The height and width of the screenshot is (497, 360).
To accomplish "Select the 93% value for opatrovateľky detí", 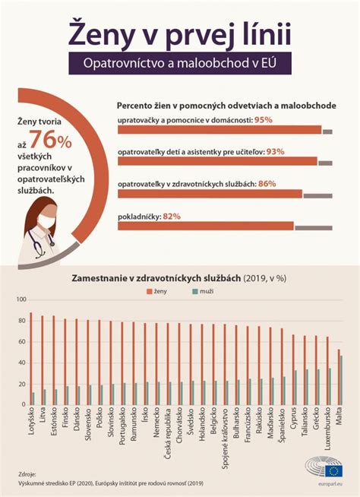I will pyautogui.click(x=275, y=152).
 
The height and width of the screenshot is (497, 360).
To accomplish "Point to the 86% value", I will pyautogui.click(x=267, y=184).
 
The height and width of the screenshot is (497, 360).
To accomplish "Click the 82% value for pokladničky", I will pyautogui.click(x=171, y=217).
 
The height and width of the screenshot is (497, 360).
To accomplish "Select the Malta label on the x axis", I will pyautogui.click(x=339, y=419).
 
